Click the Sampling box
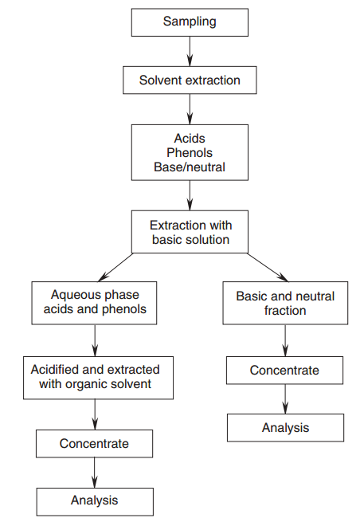click(190, 22)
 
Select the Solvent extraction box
click(190, 80)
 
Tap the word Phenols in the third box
click(190, 152)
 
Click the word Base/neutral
click(190, 167)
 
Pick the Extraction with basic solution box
click(190, 232)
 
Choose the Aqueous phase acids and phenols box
click(94, 303)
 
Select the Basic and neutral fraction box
click(285, 303)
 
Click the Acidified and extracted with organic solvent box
click(98, 378)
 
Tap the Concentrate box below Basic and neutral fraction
click(284, 371)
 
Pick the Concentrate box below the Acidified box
click(94, 443)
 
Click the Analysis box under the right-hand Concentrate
click(285, 428)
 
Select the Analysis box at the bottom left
click(95, 502)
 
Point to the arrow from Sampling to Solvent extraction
click(190, 51)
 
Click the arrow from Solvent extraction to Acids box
click(190, 109)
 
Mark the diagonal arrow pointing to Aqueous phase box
click(115, 267)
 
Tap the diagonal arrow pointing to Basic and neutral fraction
click(268, 267)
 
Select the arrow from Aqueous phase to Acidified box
click(95, 340)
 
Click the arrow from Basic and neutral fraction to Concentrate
click(285, 340)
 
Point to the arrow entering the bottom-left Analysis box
click(95, 473)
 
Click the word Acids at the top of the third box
click(190, 138)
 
